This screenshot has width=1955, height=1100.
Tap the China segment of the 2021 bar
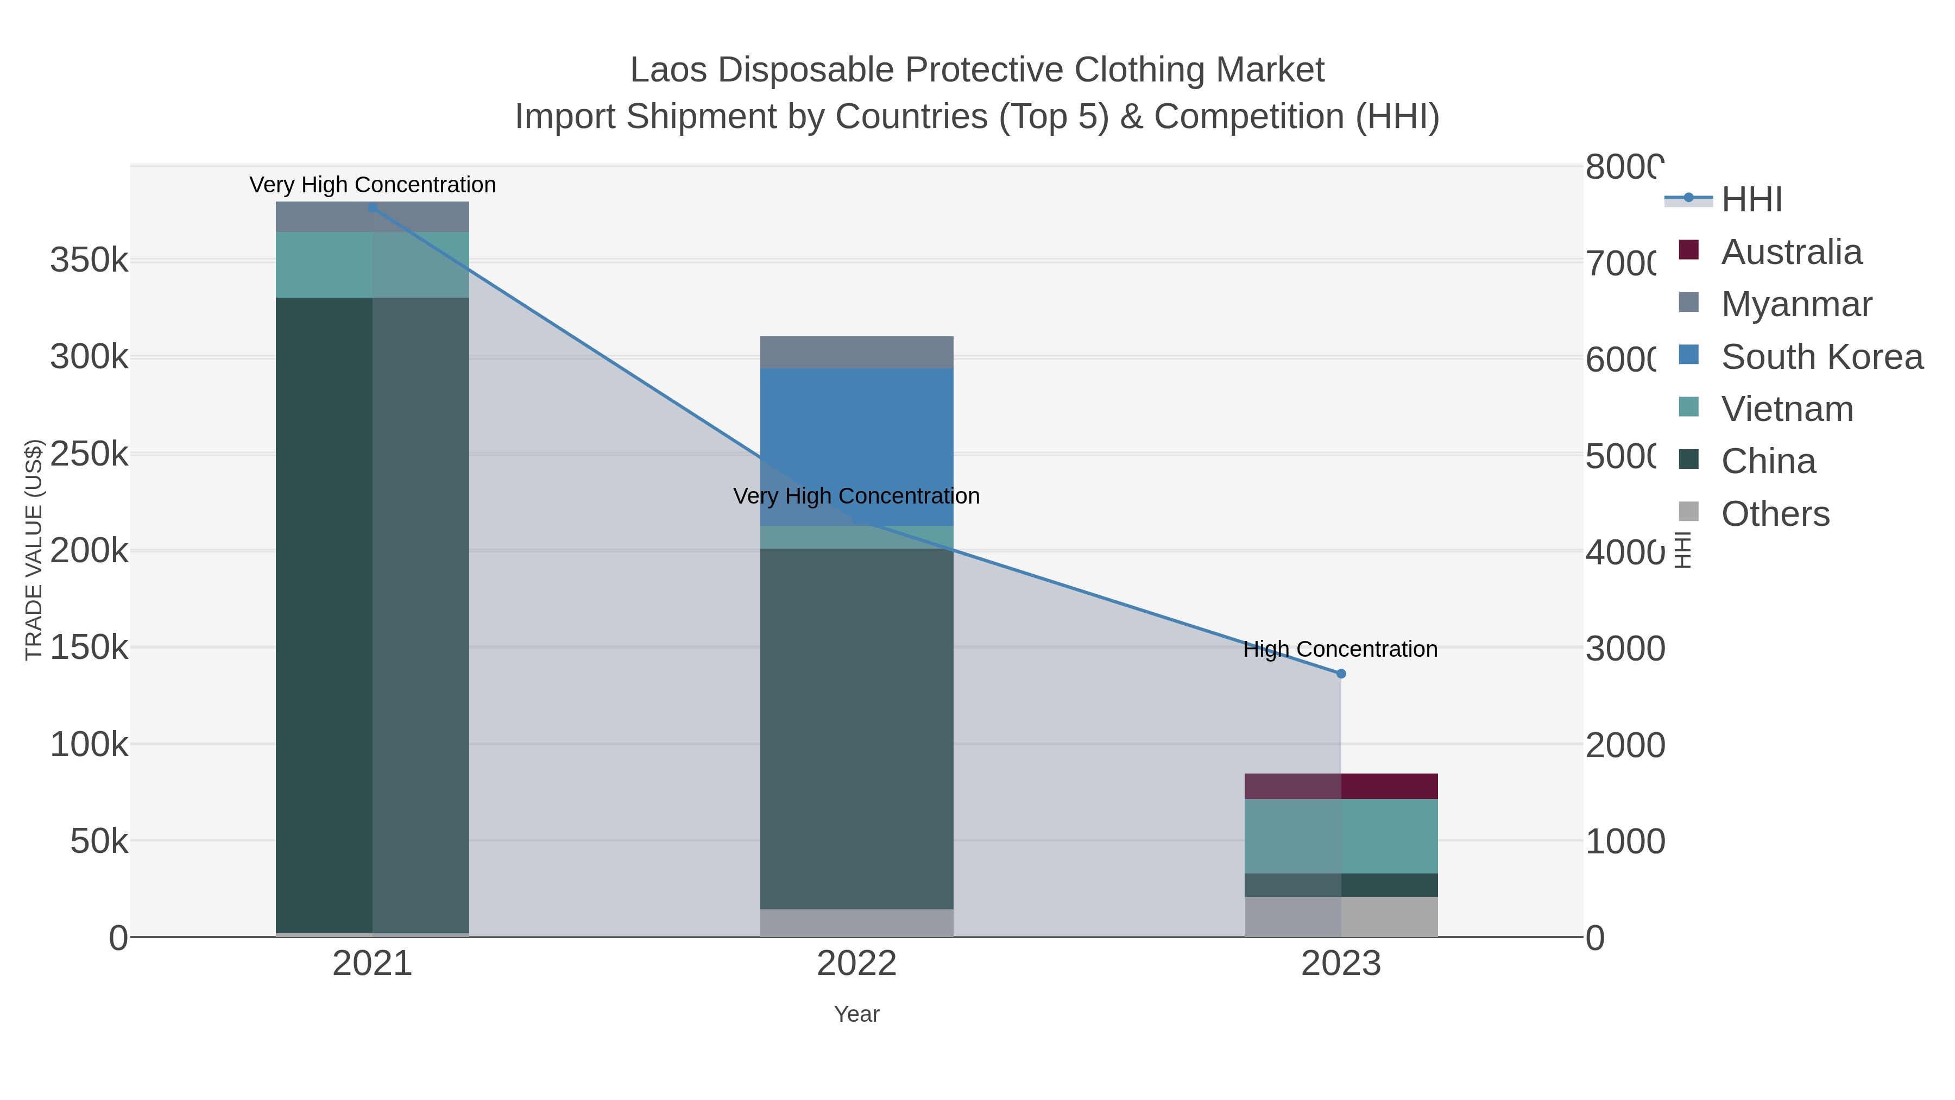click(x=372, y=615)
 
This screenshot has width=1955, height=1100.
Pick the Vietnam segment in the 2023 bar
click(x=1341, y=836)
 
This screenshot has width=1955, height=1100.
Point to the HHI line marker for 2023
click(x=1341, y=674)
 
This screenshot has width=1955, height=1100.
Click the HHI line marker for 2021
click(x=372, y=208)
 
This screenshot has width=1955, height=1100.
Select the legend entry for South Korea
click(x=1821, y=357)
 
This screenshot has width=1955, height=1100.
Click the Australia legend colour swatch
click(x=1688, y=250)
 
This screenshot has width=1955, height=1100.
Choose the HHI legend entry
click(x=1751, y=200)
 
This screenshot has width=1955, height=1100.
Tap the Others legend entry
click(x=1774, y=514)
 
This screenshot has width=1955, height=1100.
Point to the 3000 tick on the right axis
click(x=1624, y=648)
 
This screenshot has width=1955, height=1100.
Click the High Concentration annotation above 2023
click(x=1340, y=649)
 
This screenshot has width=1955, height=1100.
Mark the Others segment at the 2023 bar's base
click(x=1341, y=916)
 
